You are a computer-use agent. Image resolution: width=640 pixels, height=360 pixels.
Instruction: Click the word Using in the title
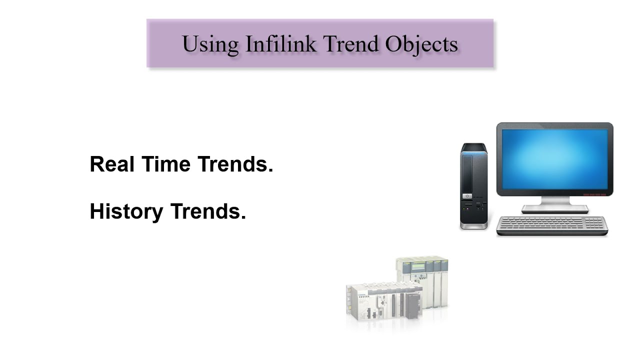click(x=210, y=44)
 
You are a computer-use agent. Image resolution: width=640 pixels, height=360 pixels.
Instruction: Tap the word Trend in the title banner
click(x=351, y=44)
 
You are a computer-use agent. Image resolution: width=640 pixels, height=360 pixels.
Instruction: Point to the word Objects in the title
click(x=421, y=44)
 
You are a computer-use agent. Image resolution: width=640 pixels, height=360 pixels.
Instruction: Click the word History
click(x=126, y=211)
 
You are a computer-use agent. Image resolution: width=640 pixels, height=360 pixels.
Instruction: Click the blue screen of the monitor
click(x=554, y=159)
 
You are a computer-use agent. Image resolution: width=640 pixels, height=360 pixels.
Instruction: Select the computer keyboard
click(x=552, y=225)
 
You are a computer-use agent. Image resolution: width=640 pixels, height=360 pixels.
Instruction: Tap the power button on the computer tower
click(x=467, y=196)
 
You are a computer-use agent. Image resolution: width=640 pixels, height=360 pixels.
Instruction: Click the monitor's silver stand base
click(x=555, y=209)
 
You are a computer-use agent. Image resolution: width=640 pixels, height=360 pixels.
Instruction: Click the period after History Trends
click(x=243, y=218)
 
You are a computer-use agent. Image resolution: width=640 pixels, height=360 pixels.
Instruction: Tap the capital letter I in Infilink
click(x=248, y=44)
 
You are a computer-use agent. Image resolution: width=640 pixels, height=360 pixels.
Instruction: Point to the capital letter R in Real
click(x=96, y=164)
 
